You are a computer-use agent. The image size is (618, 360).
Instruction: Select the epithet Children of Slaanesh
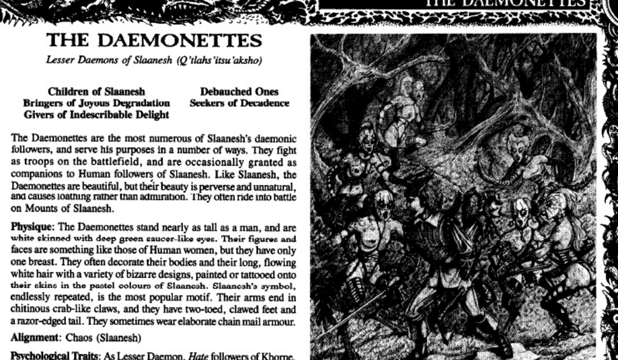pos(97,92)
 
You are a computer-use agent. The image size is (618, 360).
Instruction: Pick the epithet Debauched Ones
pos(239,92)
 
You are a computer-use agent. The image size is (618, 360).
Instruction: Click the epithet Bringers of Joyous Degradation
pos(96,103)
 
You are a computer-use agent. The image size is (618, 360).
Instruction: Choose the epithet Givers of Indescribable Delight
pos(96,114)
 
